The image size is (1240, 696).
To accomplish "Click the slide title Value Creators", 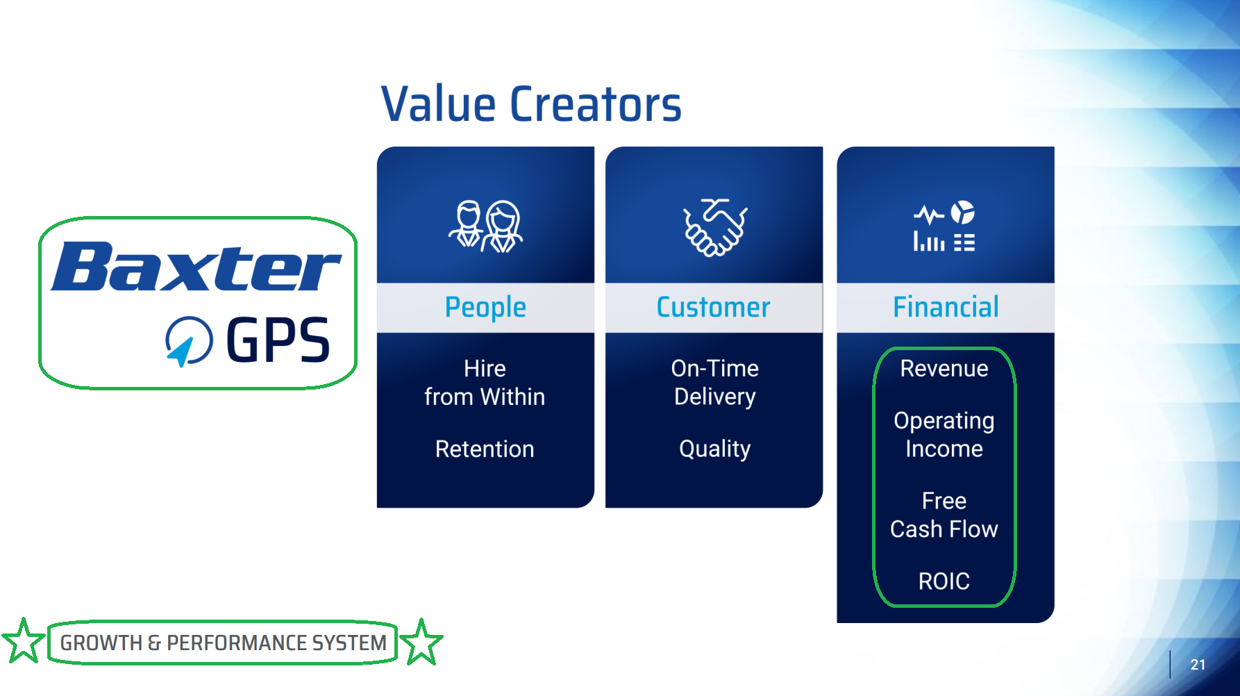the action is (531, 105).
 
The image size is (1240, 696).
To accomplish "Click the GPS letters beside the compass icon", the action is (278, 340).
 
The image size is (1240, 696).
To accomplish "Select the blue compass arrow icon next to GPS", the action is (188, 341).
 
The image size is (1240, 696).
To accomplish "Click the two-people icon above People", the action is (485, 226).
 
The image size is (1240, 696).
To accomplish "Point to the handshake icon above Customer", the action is (715, 227).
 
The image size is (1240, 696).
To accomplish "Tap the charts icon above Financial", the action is (944, 226).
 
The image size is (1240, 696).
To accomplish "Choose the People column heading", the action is (485, 308).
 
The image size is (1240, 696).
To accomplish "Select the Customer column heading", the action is (714, 307).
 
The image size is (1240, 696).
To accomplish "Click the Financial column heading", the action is (946, 307).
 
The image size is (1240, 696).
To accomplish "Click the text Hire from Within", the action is (485, 383).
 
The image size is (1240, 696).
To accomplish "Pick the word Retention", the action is (485, 449).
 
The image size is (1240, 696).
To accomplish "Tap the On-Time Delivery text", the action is (715, 383).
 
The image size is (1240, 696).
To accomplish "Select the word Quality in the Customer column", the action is (715, 449).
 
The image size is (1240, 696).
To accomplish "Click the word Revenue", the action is (944, 369).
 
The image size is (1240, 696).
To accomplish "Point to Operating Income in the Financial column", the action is (944, 435).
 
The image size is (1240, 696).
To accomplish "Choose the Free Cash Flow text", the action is (944, 515).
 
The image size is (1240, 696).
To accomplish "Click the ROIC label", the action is (944, 581).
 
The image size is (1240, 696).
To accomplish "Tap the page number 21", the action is (1198, 665).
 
